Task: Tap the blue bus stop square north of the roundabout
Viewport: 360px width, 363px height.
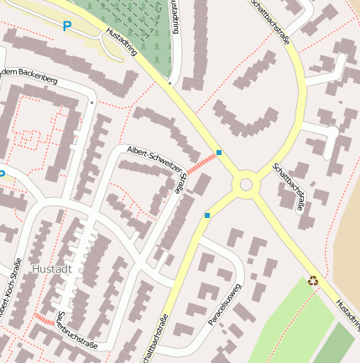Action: click(219, 153)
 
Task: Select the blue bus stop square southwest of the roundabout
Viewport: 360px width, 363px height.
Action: click(207, 215)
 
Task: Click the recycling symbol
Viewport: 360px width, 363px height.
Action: click(314, 281)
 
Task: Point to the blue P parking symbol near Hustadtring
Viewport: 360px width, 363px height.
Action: click(67, 27)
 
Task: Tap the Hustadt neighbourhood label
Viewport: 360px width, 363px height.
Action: click(52, 269)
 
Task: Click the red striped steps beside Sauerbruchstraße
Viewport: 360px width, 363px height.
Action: click(44, 320)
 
